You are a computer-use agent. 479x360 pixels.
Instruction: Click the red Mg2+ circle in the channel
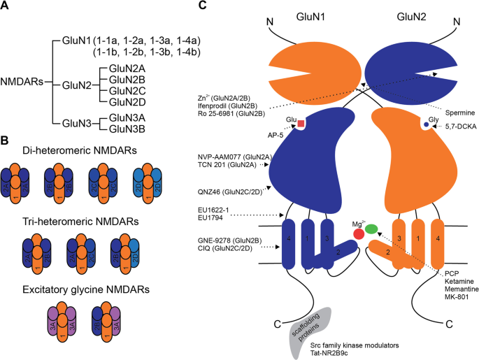[359, 234]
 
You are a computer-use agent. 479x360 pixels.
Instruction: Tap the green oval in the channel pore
[371, 228]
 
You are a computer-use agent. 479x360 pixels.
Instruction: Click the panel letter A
[6, 7]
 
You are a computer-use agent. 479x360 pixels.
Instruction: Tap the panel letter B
[6, 139]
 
